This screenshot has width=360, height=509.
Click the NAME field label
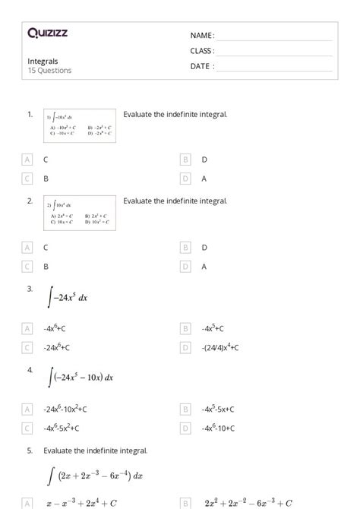(202, 36)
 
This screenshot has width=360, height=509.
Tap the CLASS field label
(202, 51)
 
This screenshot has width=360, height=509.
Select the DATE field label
(202, 66)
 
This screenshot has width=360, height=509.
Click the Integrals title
(43, 61)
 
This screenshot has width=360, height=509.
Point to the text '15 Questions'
(49, 71)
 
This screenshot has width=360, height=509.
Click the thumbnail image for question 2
(80, 213)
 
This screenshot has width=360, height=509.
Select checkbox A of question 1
(27, 160)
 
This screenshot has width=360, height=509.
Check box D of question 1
(185, 179)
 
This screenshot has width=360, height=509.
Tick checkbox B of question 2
(185, 248)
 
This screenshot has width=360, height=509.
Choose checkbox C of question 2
(27, 266)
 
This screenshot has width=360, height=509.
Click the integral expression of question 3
(68, 298)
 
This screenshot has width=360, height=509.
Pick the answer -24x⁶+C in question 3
(57, 347)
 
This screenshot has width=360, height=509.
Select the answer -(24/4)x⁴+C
(220, 347)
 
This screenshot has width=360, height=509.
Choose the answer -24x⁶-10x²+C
(65, 408)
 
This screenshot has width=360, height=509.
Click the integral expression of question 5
(95, 476)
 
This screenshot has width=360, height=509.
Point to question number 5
(30, 451)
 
